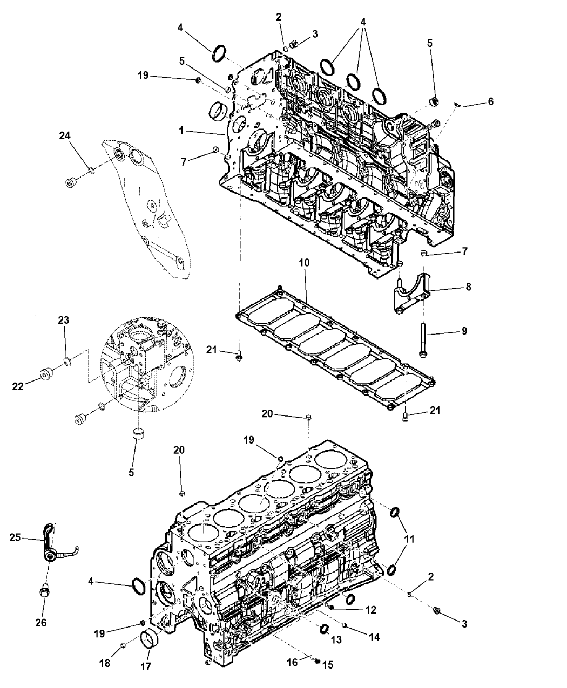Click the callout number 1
tap(181, 131)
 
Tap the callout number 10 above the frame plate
tap(304, 263)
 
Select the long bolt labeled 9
tap(423, 339)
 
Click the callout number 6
tap(490, 101)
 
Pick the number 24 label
tap(65, 135)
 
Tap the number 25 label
tap(15, 537)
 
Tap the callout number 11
tap(409, 539)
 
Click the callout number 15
tap(328, 665)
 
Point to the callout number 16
tap(293, 662)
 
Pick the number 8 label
tap(468, 287)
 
